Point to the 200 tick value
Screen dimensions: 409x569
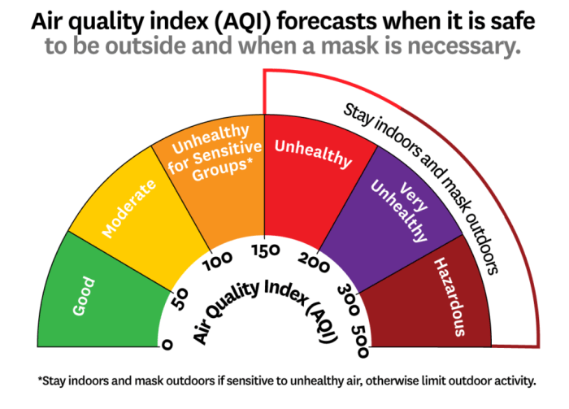(x=314, y=260)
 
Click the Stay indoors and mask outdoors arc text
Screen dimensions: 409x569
(x=431, y=171)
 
